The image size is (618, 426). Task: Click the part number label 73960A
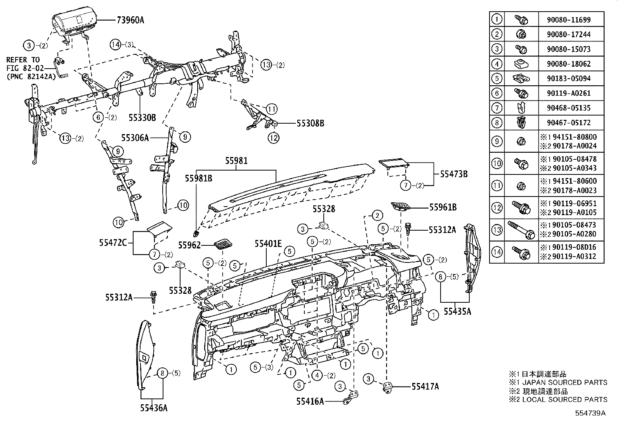(130, 19)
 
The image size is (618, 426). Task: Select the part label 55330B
(142, 117)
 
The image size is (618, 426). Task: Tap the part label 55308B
(310, 124)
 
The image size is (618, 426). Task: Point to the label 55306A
(135, 137)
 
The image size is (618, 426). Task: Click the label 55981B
(198, 178)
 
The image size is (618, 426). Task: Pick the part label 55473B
(453, 174)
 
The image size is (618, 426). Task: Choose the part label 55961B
(443, 208)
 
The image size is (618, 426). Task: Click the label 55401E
(268, 244)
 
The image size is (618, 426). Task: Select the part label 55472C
(113, 243)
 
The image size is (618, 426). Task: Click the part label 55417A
(425, 386)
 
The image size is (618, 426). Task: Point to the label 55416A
(310, 402)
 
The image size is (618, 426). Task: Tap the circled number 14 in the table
(496, 252)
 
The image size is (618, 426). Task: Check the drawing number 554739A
(590, 413)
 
